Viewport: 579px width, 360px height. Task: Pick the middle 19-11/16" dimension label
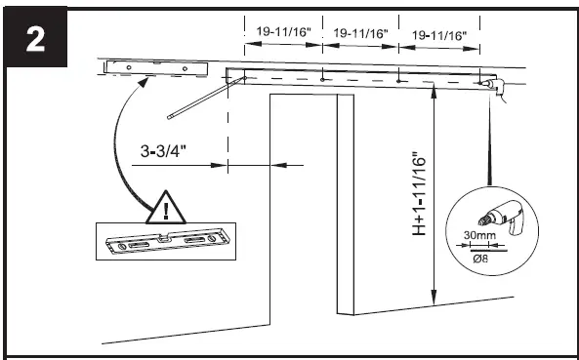[x=361, y=33]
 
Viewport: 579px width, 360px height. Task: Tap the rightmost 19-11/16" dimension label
[x=439, y=36]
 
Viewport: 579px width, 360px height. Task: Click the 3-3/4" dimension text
[x=163, y=151]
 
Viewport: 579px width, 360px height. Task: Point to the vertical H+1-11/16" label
[x=418, y=194]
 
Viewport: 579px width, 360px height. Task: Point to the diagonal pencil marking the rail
[x=196, y=102]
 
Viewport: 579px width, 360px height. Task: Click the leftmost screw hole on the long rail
[x=244, y=75]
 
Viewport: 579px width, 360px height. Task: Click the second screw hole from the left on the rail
[x=322, y=78]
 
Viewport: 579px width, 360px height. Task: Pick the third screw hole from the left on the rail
[x=400, y=81]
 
